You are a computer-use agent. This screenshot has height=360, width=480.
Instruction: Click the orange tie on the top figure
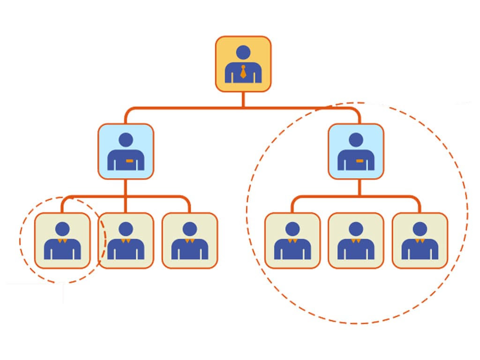243,72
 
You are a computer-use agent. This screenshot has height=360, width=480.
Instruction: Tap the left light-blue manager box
126,151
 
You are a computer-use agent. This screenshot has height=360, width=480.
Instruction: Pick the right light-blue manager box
356,151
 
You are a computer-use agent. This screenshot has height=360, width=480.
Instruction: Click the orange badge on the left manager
129,161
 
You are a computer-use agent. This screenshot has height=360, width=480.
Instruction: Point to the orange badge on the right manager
360,161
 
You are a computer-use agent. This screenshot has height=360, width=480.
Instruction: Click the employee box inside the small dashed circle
62,240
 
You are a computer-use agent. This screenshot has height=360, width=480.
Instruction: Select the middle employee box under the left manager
126,240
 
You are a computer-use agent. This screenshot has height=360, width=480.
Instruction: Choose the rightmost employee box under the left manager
189,240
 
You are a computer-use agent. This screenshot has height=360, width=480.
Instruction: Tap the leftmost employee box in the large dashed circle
292,240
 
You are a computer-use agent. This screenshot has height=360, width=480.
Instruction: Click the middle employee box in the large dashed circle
356,240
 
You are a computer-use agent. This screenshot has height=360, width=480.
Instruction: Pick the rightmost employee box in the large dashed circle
420,240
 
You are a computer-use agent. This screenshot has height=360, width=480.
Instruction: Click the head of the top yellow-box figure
243,52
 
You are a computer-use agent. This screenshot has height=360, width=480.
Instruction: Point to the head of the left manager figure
126,140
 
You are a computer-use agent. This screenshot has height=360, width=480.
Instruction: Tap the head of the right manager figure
356,140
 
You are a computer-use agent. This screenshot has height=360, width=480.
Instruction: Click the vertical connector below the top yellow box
243,99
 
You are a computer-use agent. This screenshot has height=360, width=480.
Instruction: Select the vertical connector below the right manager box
360,187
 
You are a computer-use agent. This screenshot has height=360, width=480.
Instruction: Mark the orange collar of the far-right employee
420,240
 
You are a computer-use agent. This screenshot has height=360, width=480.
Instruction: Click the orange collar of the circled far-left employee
62,240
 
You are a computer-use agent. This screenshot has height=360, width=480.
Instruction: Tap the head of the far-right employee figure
420,229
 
